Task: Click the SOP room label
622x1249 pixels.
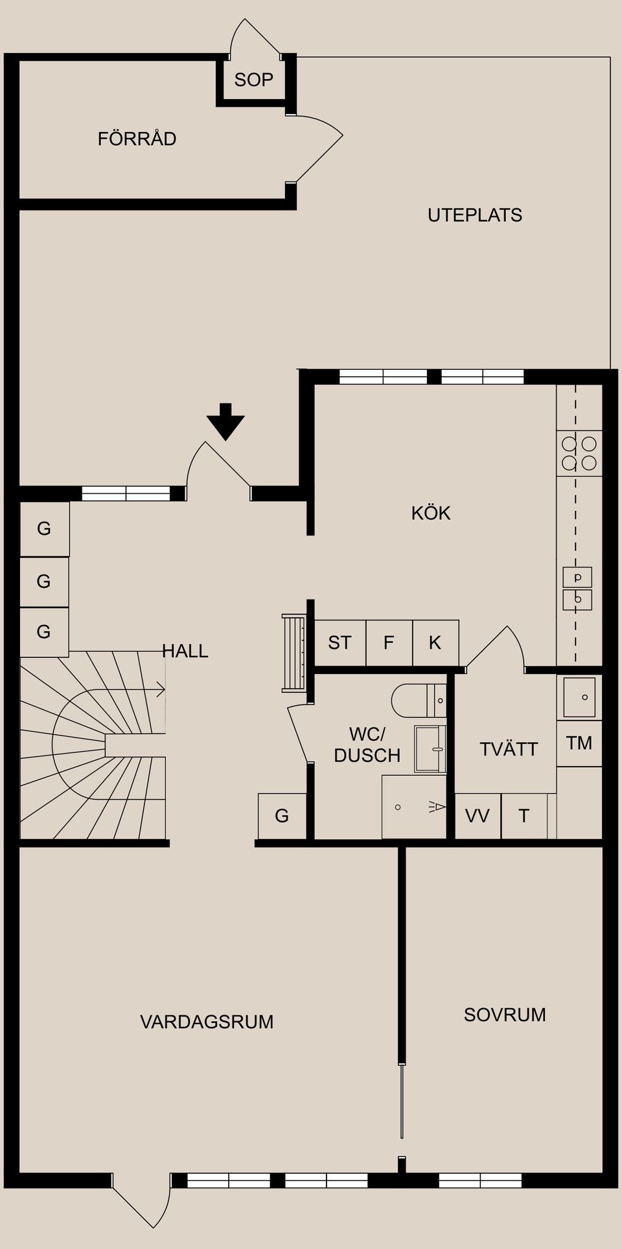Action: pos(253,80)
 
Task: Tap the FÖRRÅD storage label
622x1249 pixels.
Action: pos(137,139)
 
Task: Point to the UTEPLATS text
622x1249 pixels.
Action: pos(474,215)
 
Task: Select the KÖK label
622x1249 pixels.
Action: pos(430,513)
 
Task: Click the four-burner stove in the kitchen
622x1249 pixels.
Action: pos(579,453)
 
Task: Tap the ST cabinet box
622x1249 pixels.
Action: pos(340,642)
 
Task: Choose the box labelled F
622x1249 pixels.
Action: pos(389,642)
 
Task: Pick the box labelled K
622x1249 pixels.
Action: pos(435,642)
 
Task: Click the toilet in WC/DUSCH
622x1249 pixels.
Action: pos(415,700)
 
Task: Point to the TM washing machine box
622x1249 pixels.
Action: pos(579,743)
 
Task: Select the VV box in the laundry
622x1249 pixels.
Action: pos(478,815)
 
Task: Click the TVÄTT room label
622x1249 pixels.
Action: pos(509,749)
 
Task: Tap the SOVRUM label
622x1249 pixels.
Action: pos(505,1014)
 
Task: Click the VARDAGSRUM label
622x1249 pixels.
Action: pos(207,1021)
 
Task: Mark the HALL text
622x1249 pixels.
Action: pos(185,651)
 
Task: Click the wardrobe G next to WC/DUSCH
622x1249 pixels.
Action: pos(282,815)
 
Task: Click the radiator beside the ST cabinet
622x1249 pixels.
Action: pos(294,653)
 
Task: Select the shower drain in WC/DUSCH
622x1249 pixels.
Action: pos(398,807)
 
